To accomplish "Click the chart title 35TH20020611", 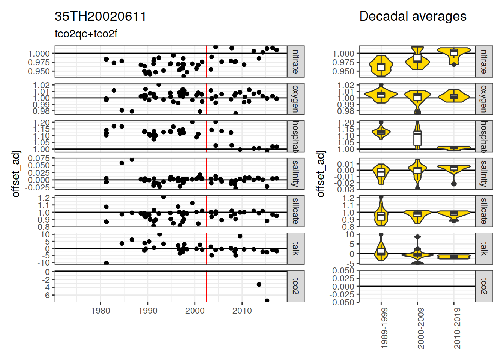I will pos(100,16).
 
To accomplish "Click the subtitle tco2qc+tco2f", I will pos(86,34).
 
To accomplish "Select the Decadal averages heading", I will pos(412,16).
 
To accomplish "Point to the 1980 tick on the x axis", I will pos(100,311).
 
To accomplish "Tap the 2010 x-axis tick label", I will pos(242,311).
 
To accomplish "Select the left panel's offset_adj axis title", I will pos(16,174).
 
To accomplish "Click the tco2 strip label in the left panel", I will pos(295,286).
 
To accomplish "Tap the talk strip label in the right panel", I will pos(484,249).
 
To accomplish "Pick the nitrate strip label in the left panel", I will pos(295,61).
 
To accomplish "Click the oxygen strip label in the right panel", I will pos(484,99).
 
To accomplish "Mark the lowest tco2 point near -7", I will pos(267,300).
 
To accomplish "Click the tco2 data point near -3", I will pos(259,284).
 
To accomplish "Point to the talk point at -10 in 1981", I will pos(106,263).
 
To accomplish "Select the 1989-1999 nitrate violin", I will pos(381,66).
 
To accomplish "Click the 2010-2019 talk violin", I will pos(454,256).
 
